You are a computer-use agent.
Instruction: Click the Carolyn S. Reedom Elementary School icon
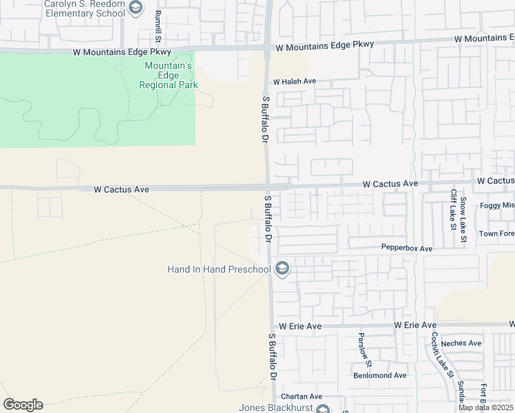136,8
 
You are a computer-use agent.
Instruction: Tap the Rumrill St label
158,24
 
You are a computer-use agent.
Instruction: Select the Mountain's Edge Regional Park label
169,75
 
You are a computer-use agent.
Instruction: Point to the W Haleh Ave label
295,81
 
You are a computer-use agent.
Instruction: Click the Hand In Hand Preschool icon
281,269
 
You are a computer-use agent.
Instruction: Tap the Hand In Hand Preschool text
219,269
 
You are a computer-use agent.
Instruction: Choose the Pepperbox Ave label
407,248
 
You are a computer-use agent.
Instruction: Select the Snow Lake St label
464,215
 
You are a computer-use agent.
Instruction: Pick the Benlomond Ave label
380,375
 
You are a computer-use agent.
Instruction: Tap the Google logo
23,405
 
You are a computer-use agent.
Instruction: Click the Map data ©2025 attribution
485,408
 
